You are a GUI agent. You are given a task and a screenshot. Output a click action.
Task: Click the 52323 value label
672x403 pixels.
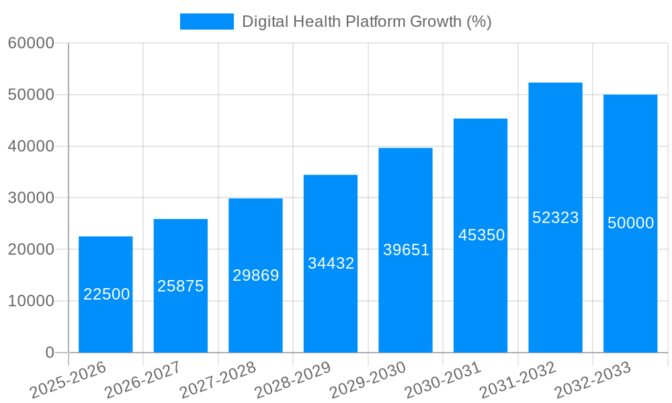coord(555,218)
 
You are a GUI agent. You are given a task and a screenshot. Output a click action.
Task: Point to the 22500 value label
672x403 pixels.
coord(106,294)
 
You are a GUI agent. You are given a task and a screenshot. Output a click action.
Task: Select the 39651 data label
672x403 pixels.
coord(406,250)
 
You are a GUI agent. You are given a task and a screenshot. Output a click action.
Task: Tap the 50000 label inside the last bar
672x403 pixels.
coord(630,223)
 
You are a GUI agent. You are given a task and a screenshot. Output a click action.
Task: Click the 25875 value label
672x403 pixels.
coord(180,286)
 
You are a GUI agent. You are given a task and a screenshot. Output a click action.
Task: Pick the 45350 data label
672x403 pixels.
coord(481,235)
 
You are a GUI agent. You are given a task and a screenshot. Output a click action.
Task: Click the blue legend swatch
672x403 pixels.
coord(206,21)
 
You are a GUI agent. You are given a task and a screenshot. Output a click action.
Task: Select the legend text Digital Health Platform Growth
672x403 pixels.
coord(366,21)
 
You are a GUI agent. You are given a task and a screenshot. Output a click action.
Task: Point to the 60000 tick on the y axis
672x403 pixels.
coord(31,43)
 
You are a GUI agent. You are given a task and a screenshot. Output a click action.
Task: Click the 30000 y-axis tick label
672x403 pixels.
coord(31,198)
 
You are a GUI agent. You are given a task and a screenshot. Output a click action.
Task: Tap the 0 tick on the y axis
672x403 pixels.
coord(49,353)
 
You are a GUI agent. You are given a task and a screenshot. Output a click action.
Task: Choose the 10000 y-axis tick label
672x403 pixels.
coord(31,301)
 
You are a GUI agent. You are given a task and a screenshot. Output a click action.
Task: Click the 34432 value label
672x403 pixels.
coord(331,263)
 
